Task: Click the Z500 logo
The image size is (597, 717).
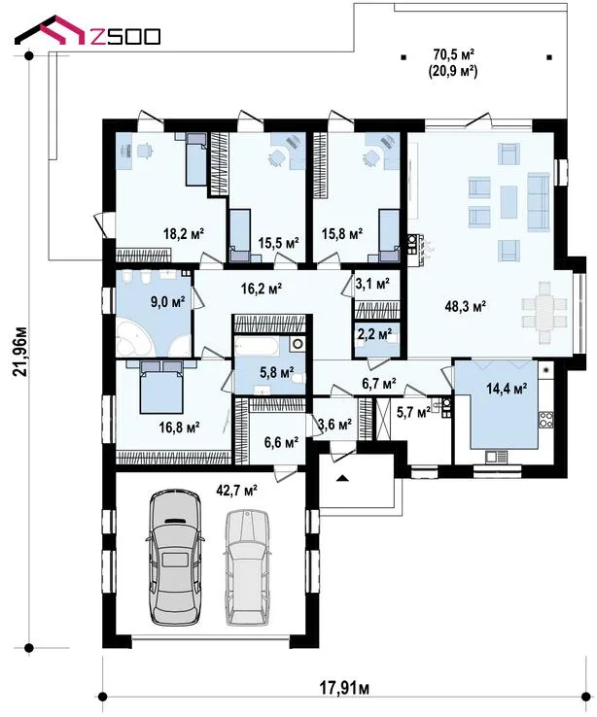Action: click(x=87, y=31)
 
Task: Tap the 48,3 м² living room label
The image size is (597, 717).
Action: click(x=465, y=306)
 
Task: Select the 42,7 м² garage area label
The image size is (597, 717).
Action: click(x=236, y=491)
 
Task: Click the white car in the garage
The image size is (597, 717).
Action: click(x=248, y=567)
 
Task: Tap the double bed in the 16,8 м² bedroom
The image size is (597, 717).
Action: click(x=161, y=387)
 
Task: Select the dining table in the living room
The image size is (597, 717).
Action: click(x=544, y=312)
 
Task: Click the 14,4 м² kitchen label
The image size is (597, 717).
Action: click(x=507, y=389)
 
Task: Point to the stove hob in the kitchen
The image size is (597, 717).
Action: click(x=545, y=420)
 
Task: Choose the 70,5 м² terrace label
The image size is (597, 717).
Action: click(x=453, y=55)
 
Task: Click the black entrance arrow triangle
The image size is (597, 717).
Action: click(x=342, y=478)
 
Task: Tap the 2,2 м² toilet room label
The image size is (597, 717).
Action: click(x=374, y=334)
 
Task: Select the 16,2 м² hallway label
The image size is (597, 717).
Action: click(x=262, y=289)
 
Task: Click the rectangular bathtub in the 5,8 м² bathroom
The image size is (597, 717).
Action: click(x=256, y=346)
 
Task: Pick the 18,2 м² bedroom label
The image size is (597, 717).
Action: click(x=184, y=233)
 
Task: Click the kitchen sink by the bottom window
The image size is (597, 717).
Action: click(x=496, y=456)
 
